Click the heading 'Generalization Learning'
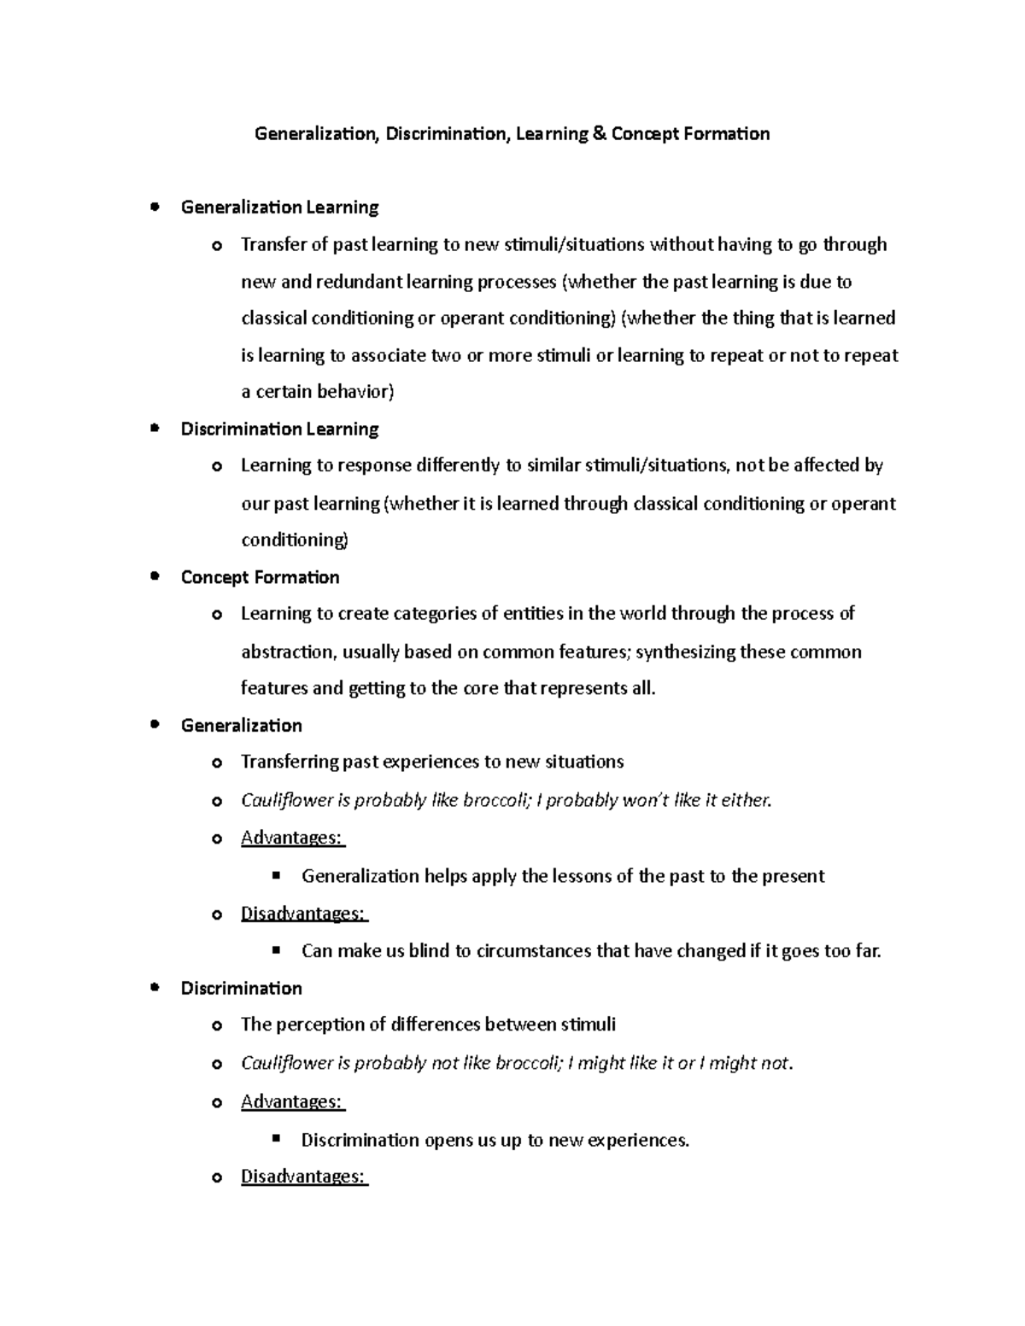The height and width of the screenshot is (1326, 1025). pyautogui.click(x=279, y=207)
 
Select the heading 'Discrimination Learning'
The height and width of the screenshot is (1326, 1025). pyautogui.click(x=279, y=429)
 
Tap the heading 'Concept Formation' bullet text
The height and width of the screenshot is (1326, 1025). pyautogui.click(x=260, y=577)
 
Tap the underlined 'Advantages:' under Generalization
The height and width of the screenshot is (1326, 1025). pyautogui.click(x=292, y=838)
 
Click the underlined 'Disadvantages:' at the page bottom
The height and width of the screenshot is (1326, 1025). pyautogui.click(x=304, y=1177)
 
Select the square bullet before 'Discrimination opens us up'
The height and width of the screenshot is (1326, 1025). pyautogui.click(x=275, y=1138)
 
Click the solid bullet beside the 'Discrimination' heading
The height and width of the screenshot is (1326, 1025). pyautogui.click(x=154, y=988)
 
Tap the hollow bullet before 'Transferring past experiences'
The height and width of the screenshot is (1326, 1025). pyautogui.click(x=217, y=762)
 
